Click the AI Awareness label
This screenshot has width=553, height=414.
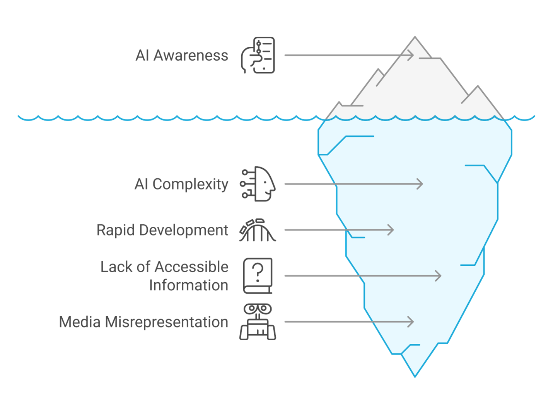182,55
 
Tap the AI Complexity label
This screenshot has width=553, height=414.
181,184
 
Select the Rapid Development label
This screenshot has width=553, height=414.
162,230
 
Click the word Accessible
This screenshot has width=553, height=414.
191,266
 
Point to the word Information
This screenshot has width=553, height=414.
189,285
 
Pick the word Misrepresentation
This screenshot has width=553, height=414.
167,322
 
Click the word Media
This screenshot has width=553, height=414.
80,322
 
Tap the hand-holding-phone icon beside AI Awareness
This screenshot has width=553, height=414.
258,55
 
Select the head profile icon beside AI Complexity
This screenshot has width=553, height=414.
258,184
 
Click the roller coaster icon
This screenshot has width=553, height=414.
258,230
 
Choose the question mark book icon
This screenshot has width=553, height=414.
258,276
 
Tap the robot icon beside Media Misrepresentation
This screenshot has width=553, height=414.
258,322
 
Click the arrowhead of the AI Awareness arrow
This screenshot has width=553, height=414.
411,55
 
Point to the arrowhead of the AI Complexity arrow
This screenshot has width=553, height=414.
420,184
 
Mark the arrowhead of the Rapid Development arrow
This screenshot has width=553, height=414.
391,230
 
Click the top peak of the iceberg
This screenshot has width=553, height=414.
415,37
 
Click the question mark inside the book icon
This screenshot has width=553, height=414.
258,273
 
